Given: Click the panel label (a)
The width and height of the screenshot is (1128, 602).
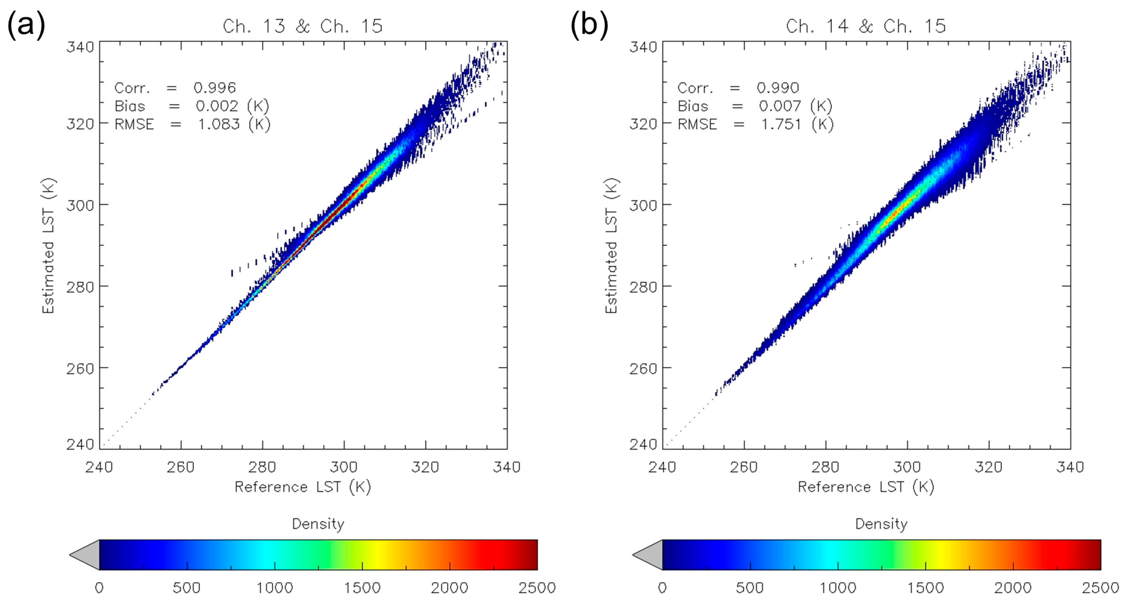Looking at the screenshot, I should tap(26, 24).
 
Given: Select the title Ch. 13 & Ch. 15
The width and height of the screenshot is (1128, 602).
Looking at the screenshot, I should tap(303, 26).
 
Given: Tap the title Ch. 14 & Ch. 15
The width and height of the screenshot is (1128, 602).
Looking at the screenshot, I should tap(866, 26).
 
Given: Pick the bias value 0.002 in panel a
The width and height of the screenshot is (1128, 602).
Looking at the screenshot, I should tap(217, 106).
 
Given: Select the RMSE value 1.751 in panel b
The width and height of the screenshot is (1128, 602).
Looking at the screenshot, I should tap(782, 124).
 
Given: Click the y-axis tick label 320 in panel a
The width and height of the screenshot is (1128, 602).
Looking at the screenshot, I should tap(80, 124).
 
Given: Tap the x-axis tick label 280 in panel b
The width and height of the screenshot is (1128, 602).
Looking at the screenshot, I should tap(825, 467).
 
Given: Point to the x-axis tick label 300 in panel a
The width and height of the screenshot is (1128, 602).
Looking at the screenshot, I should tap(344, 467).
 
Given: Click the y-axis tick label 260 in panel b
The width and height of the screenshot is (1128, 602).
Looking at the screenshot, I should tap(643, 369).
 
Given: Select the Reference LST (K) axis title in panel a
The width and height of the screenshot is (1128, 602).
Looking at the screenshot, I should tap(303, 487).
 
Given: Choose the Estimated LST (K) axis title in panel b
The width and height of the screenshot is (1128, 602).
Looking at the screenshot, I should tap(611, 246).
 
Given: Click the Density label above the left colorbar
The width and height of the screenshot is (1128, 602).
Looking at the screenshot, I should tap(318, 524).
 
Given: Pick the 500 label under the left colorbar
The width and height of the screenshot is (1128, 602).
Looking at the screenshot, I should tap(187, 588).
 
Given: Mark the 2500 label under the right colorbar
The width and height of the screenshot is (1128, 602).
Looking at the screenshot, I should tap(1100, 588).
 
